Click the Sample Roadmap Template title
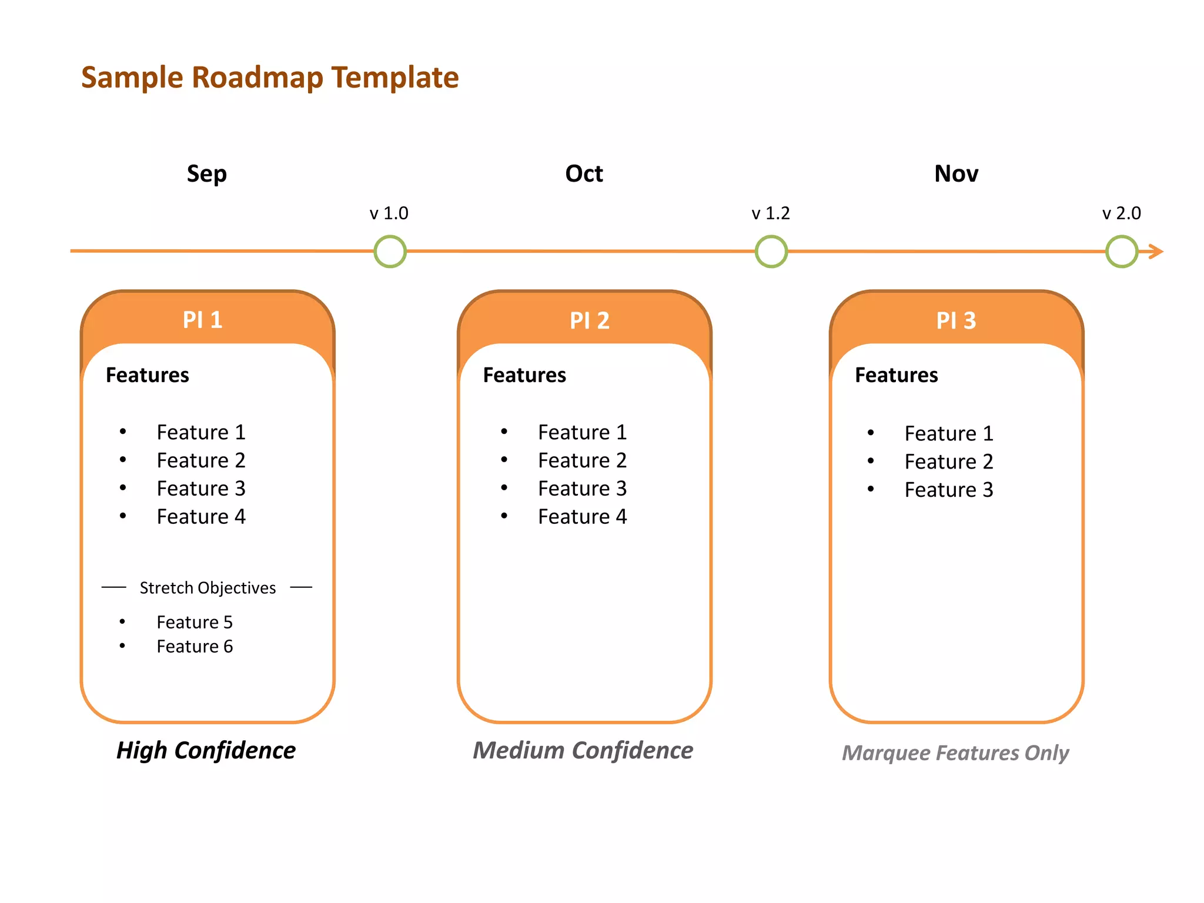point(270,78)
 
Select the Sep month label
point(206,174)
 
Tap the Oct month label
point(584,174)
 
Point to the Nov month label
point(956,174)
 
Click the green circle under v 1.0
point(390,252)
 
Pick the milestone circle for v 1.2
point(771,252)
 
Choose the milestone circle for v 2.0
point(1121,252)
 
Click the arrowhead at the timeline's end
point(1156,252)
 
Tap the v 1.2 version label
point(770,213)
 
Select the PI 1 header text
point(202,320)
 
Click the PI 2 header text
point(589,321)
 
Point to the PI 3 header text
point(956,321)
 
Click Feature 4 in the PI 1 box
point(200,517)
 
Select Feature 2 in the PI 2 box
point(582,460)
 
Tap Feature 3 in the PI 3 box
point(948,490)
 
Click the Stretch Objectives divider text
point(207,588)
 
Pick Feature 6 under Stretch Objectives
point(195,647)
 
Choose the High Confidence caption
point(206,751)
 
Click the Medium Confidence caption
point(583,751)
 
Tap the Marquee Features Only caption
point(955,753)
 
